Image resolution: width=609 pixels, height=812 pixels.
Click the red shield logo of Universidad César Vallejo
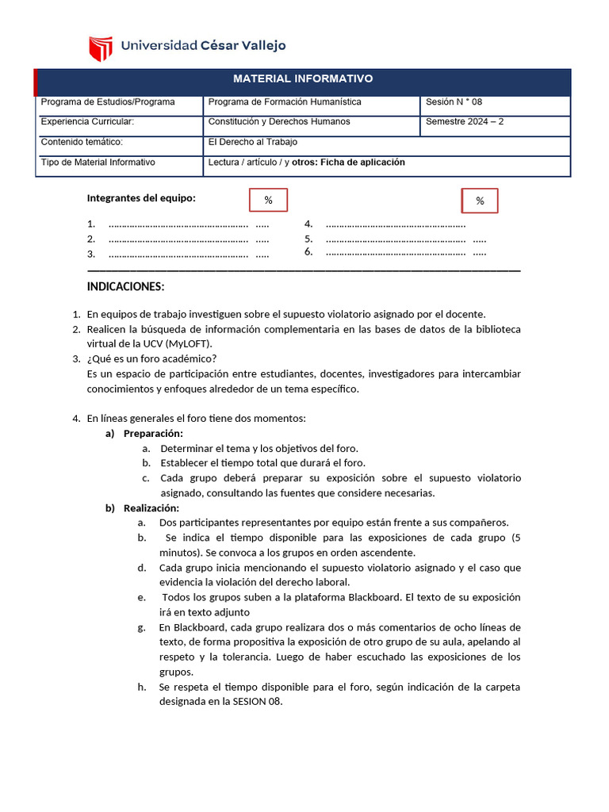(101, 48)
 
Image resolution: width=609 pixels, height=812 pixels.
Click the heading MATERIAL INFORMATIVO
(303, 79)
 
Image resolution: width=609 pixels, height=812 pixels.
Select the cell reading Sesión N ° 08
(454, 102)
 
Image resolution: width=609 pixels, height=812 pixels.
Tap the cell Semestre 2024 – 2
(465, 122)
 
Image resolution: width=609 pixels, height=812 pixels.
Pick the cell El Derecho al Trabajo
(252, 142)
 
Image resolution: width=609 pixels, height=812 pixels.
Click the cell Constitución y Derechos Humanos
(278, 122)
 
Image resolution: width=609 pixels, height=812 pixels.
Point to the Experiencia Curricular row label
(87, 122)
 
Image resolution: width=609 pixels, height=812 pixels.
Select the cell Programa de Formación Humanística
(284, 102)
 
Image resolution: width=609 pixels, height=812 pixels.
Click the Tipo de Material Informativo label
(98, 163)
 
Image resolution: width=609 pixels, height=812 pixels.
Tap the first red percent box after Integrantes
(268, 201)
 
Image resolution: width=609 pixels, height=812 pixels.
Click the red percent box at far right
(480, 201)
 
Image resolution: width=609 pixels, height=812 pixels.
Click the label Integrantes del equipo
(141, 198)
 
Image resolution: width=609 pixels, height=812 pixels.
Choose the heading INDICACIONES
(126, 286)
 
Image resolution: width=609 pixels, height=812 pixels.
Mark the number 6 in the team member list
(308, 251)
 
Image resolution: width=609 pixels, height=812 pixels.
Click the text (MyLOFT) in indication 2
(190, 343)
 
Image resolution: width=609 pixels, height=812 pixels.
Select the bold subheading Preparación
(153, 434)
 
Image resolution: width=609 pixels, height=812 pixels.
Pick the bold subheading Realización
(151, 508)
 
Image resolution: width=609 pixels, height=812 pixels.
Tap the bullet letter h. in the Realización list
(141, 687)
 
